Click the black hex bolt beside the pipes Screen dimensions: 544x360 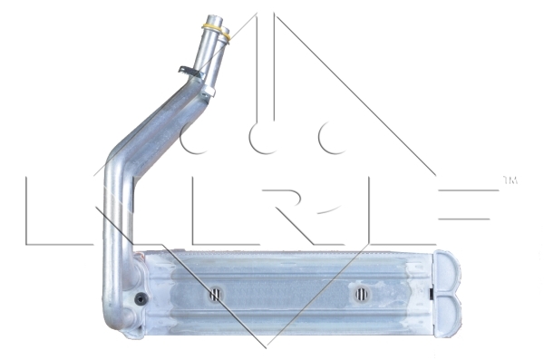coord(141,299)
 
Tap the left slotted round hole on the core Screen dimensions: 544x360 coord(216,295)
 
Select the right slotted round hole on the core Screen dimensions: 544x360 coord(362,295)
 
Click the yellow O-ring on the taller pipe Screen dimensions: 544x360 coord(212,26)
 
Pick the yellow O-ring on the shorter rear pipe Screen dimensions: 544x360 coord(226,36)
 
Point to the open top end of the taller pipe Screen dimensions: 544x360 coord(213,18)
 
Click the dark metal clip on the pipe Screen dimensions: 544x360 coord(190,72)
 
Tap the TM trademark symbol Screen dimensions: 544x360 coord(510,180)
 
